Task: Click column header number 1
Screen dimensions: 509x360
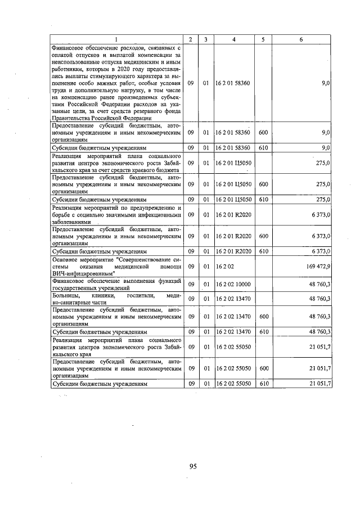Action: (117, 39)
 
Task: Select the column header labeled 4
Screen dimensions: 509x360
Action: (233, 39)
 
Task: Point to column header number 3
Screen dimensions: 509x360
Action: (206, 39)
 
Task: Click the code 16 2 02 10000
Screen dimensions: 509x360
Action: (232, 285)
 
